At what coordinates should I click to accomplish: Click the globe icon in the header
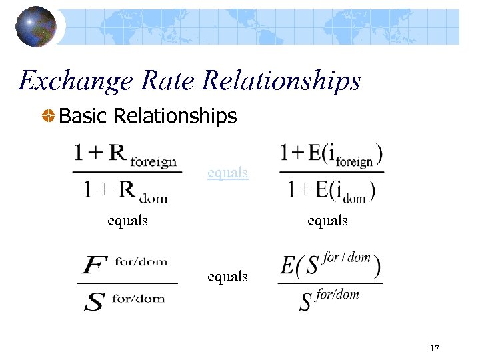[x=35, y=27]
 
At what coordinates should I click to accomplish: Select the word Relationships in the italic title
[x=281, y=82]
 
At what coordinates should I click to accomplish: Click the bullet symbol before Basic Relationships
[x=48, y=117]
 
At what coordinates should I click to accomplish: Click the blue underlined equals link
[x=227, y=173]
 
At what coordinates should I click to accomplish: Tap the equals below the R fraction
[x=127, y=220]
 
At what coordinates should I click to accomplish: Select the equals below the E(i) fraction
[x=327, y=220]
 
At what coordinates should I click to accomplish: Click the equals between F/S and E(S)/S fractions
[x=227, y=275]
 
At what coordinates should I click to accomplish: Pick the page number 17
[x=435, y=348]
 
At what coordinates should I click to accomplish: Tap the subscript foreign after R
[x=153, y=161]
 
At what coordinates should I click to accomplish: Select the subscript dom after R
[x=154, y=197]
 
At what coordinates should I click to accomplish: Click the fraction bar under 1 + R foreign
[x=127, y=172]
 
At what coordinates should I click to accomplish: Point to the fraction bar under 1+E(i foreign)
[x=331, y=172]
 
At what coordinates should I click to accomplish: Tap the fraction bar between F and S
[x=129, y=283]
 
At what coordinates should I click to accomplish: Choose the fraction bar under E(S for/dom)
[x=330, y=283]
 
